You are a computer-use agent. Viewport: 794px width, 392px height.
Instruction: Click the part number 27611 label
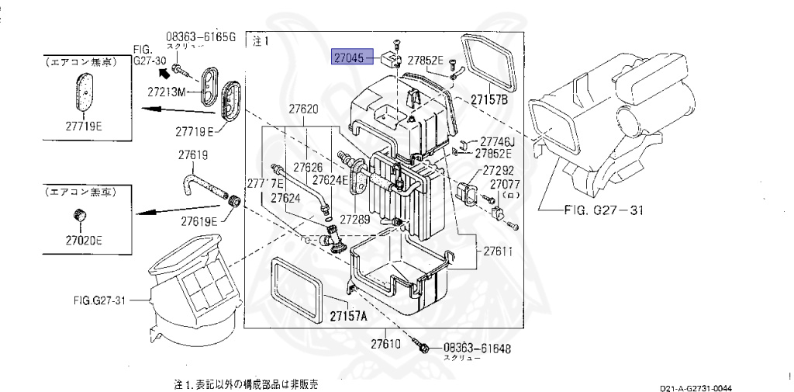coord(499,252)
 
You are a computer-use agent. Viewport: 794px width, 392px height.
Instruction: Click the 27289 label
coord(354,220)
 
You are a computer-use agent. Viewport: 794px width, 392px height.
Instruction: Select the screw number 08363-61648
coord(477,349)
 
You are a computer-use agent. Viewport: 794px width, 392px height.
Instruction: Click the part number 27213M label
coord(167,92)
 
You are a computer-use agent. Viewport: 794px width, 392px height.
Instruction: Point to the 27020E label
coord(78,240)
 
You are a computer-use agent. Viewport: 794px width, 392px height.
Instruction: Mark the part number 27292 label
coord(499,170)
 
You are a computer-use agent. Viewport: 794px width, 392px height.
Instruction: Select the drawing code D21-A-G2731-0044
coord(696,387)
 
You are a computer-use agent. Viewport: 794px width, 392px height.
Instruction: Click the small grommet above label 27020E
coord(78,214)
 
